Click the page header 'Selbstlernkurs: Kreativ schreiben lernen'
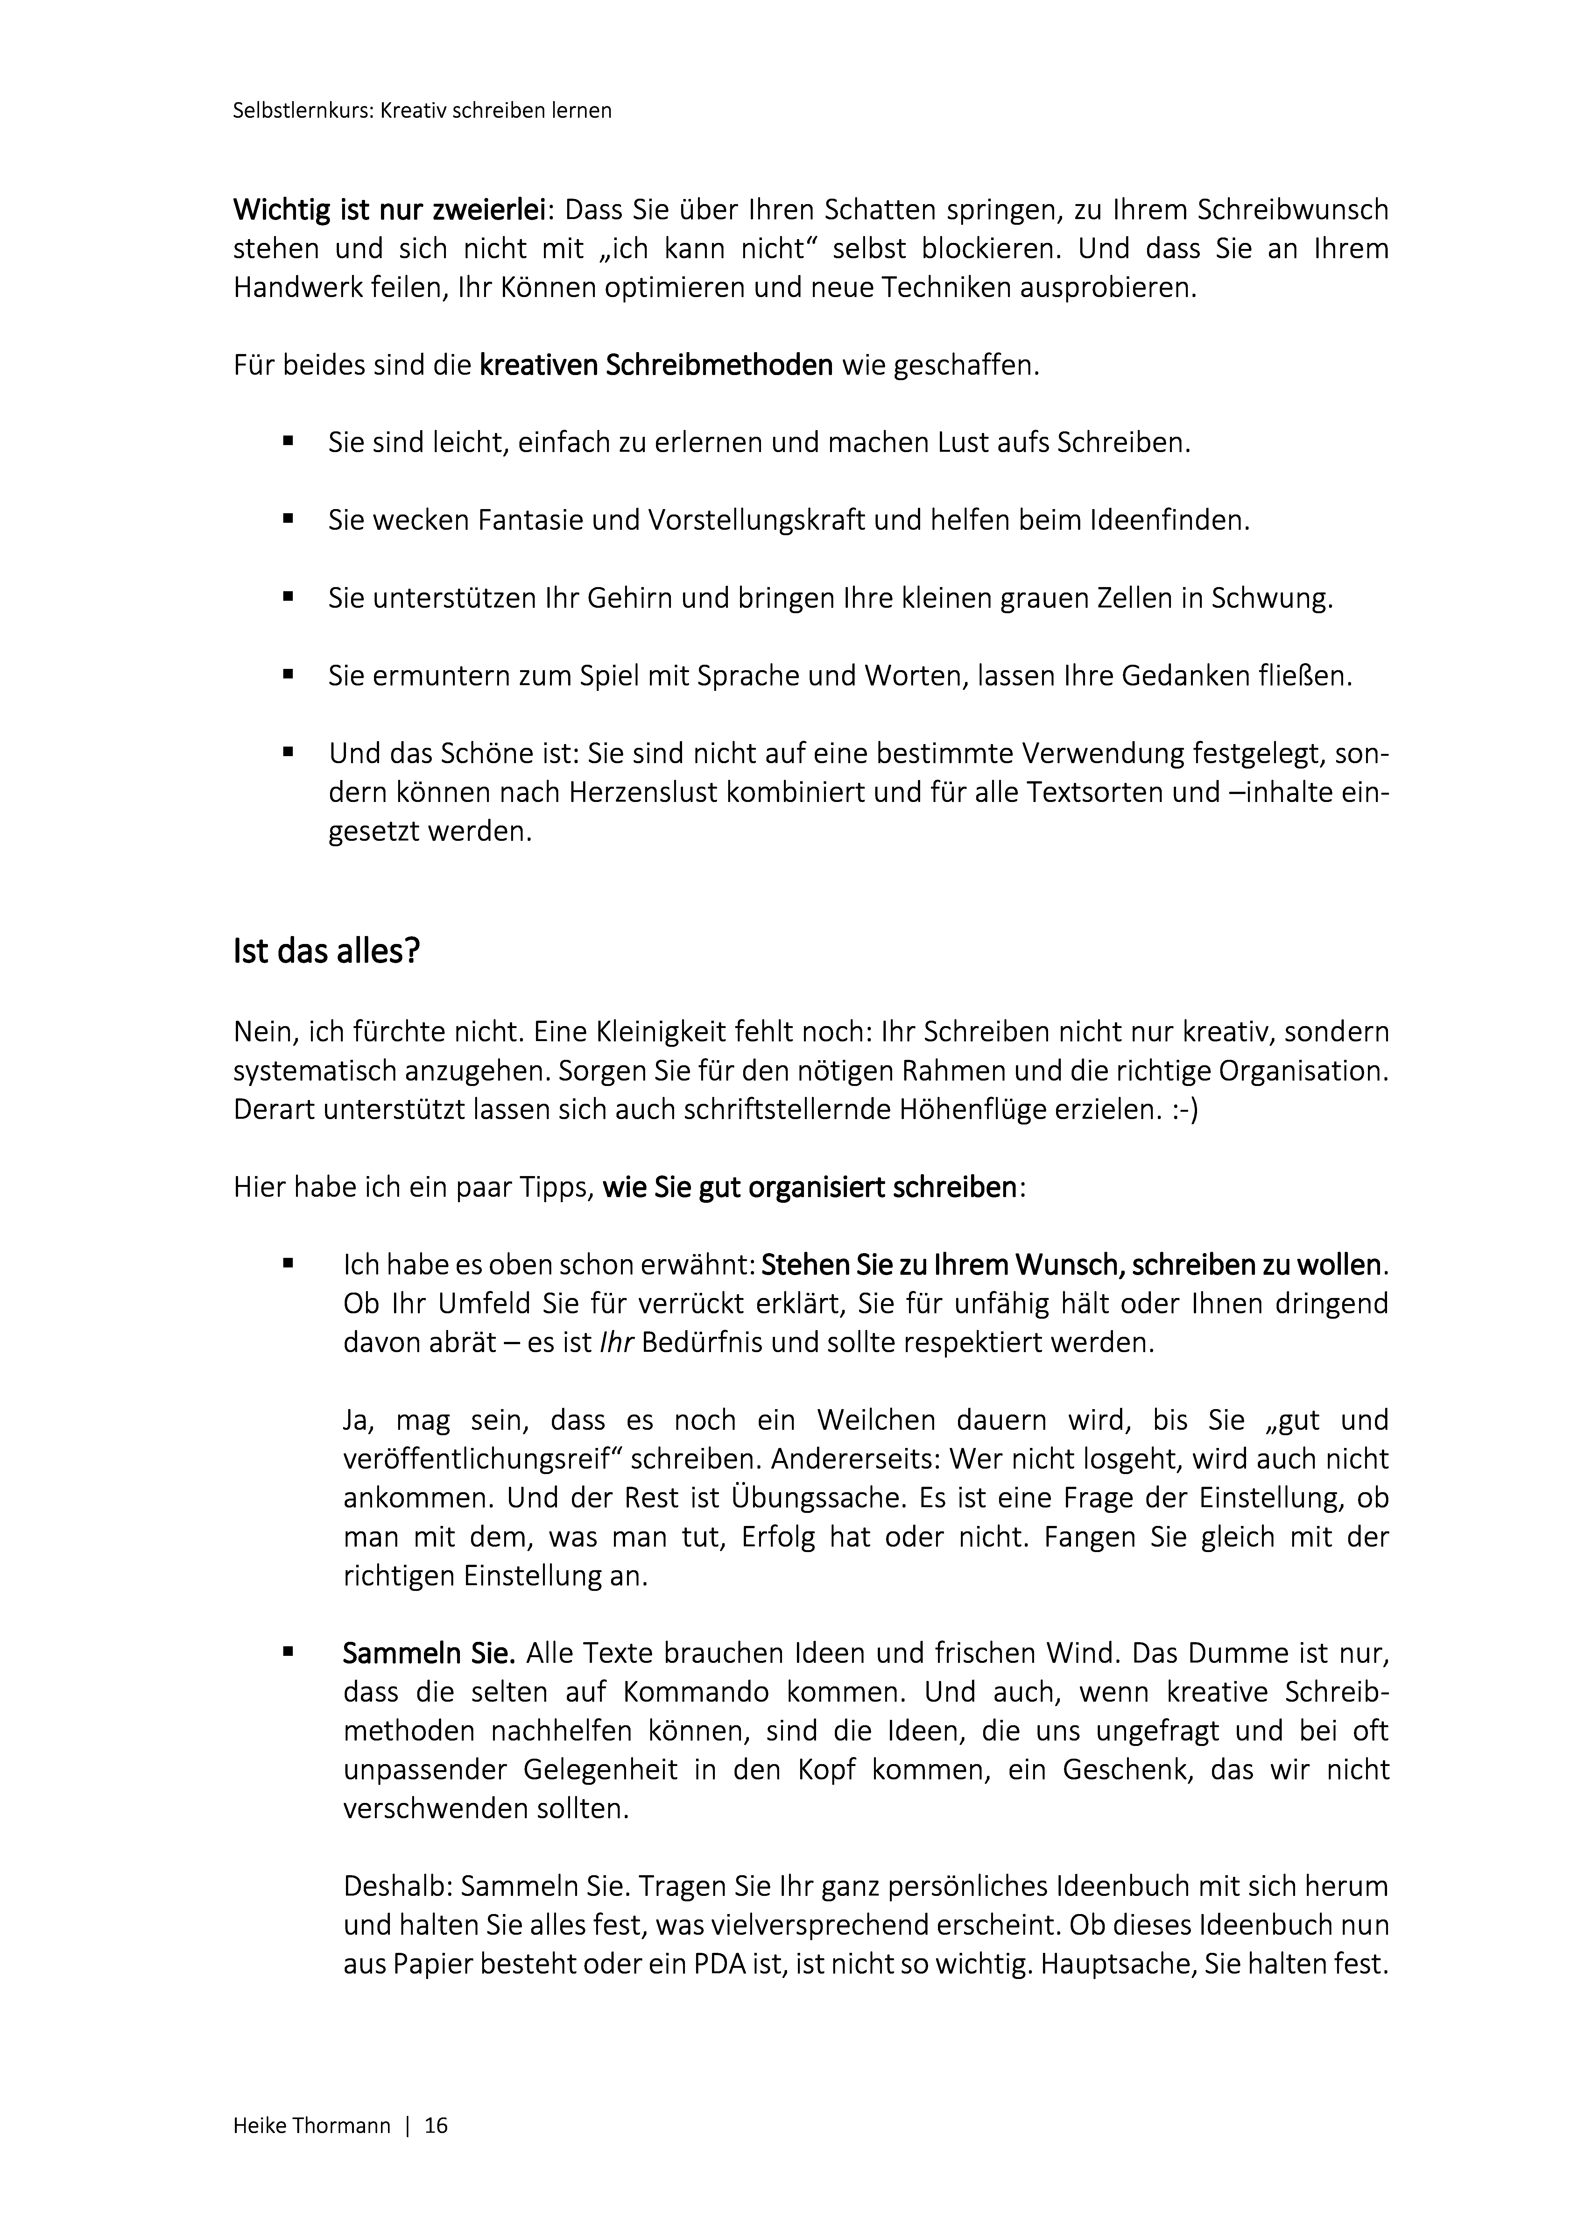tap(422, 111)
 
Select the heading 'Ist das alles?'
tap(326, 951)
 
